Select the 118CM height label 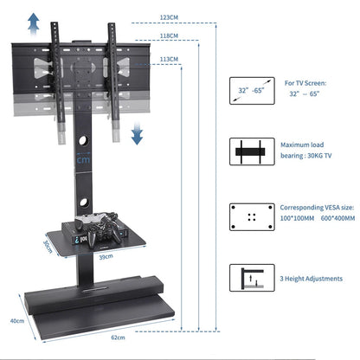click(169, 36)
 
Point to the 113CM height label click(169, 60)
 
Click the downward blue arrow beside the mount click(137, 134)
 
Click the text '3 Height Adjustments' click(309, 278)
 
